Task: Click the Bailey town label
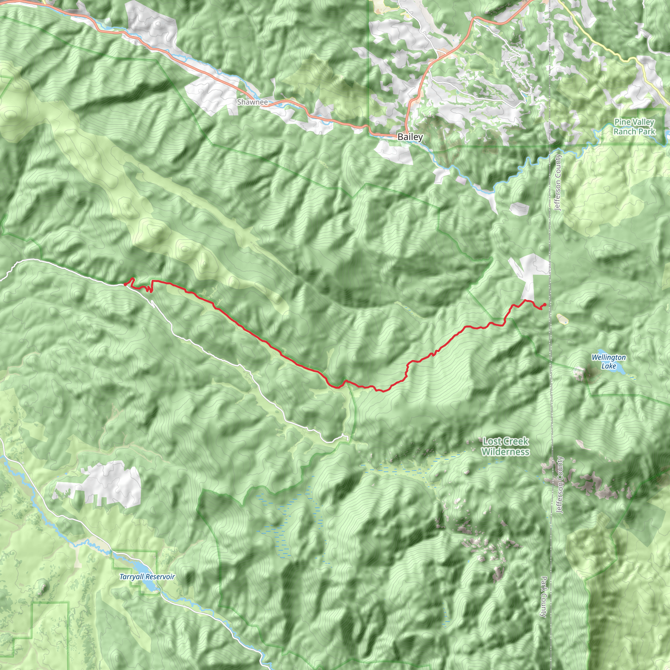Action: click(x=410, y=137)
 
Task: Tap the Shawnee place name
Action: click(x=253, y=102)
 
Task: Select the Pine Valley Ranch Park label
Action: click(x=634, y=127)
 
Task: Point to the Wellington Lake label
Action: click(x=608, y=361)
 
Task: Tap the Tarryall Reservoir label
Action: click(x=147, y=577)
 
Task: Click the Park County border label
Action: click(x=543, y=596)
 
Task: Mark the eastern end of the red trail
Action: click(x=545, y=305)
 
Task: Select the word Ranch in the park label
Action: click(x=624, y=132)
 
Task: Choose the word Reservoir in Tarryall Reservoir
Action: click(x=161, y=577)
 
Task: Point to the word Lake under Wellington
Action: click(x=608, y=366)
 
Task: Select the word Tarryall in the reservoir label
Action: click(x=132, y=577)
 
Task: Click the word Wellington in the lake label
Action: click(x=608, y=357)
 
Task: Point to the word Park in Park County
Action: click(x=543, y=584)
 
